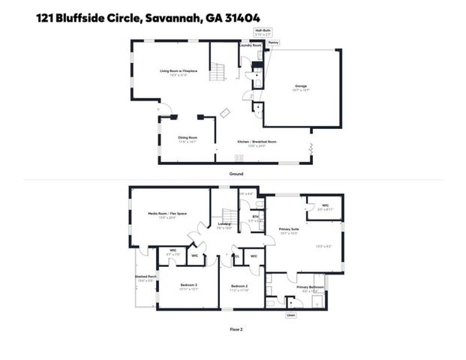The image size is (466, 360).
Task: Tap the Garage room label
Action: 300,87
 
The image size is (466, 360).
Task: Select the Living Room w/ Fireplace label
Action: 178,70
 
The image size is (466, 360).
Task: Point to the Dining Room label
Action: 188,137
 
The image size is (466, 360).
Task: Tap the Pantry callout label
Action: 274,43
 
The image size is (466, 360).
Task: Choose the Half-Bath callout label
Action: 263,31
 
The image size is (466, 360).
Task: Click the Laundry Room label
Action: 250,46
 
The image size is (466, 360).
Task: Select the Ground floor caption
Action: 236,174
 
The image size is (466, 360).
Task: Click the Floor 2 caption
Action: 236,328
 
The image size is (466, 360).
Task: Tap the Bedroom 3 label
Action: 188,285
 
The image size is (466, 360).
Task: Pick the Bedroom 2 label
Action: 239,285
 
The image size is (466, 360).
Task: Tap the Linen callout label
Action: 290,316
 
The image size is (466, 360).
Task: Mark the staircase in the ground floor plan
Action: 218,72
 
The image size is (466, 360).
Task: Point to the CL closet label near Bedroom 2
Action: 237,256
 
